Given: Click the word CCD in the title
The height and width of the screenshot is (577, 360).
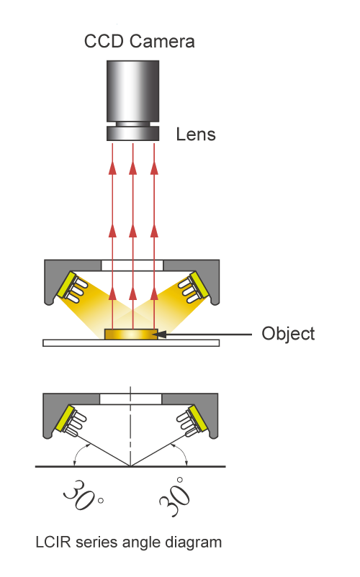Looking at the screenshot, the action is (104, 41).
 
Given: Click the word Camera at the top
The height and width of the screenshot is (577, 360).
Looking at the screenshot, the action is (161, 41).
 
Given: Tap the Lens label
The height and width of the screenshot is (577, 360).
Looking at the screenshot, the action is (195, 135).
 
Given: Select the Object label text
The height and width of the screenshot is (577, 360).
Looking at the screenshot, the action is (288, 334).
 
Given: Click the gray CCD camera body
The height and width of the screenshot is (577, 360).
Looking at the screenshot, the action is (133, 91).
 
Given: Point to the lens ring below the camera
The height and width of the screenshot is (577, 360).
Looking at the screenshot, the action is (133, 134).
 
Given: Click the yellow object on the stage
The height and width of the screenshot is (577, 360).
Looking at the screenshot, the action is (132, 334).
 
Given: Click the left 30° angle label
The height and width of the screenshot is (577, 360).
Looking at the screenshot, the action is (84, 495).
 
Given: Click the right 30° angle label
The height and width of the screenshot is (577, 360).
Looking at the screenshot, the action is (174, 496).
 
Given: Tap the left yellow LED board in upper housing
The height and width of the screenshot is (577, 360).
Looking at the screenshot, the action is (66, 285).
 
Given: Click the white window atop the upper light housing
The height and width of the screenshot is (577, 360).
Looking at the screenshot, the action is (132, 265).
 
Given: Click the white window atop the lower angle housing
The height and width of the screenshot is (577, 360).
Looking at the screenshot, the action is (130, 399).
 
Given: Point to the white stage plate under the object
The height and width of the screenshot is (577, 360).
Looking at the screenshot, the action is (131, 343).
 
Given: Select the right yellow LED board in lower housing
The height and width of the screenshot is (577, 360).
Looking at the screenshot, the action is (198, 419).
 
